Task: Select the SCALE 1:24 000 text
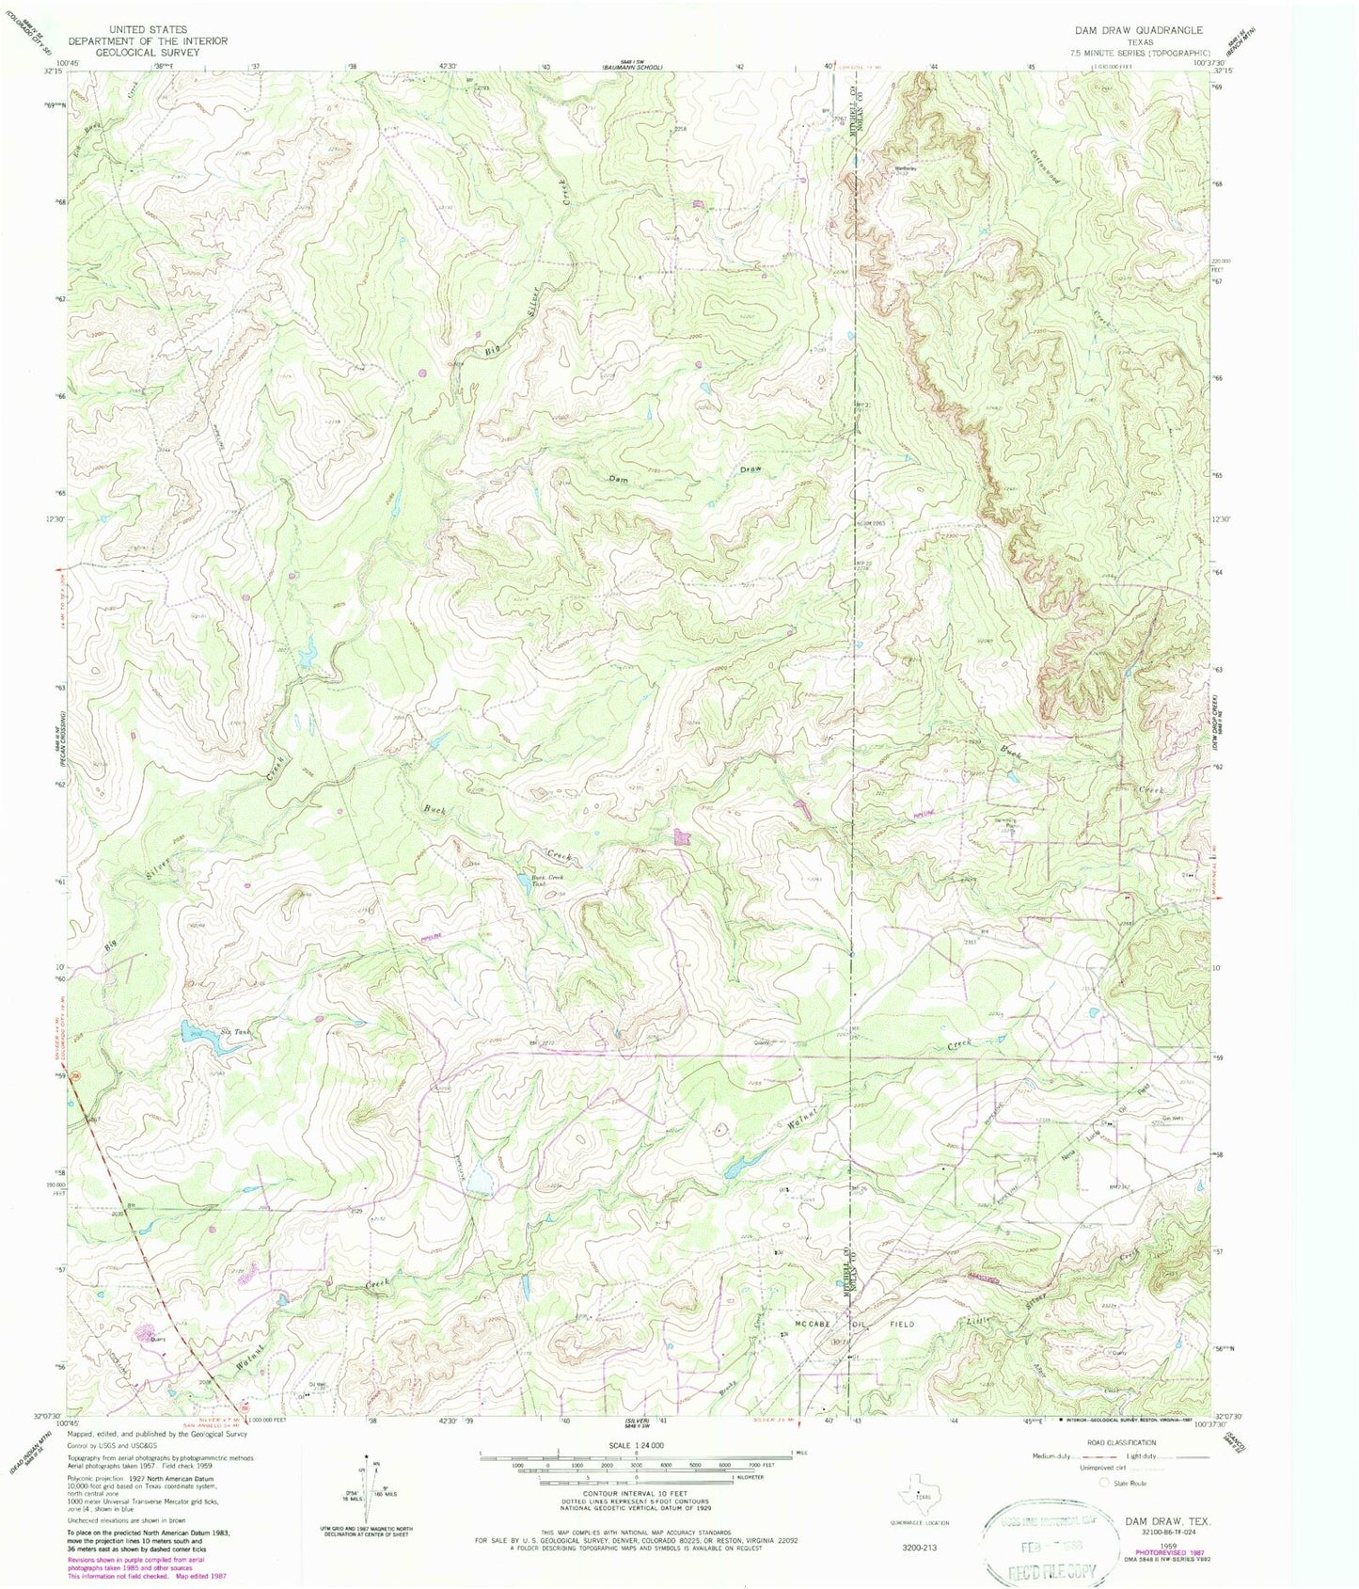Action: [x=637, y=1444]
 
